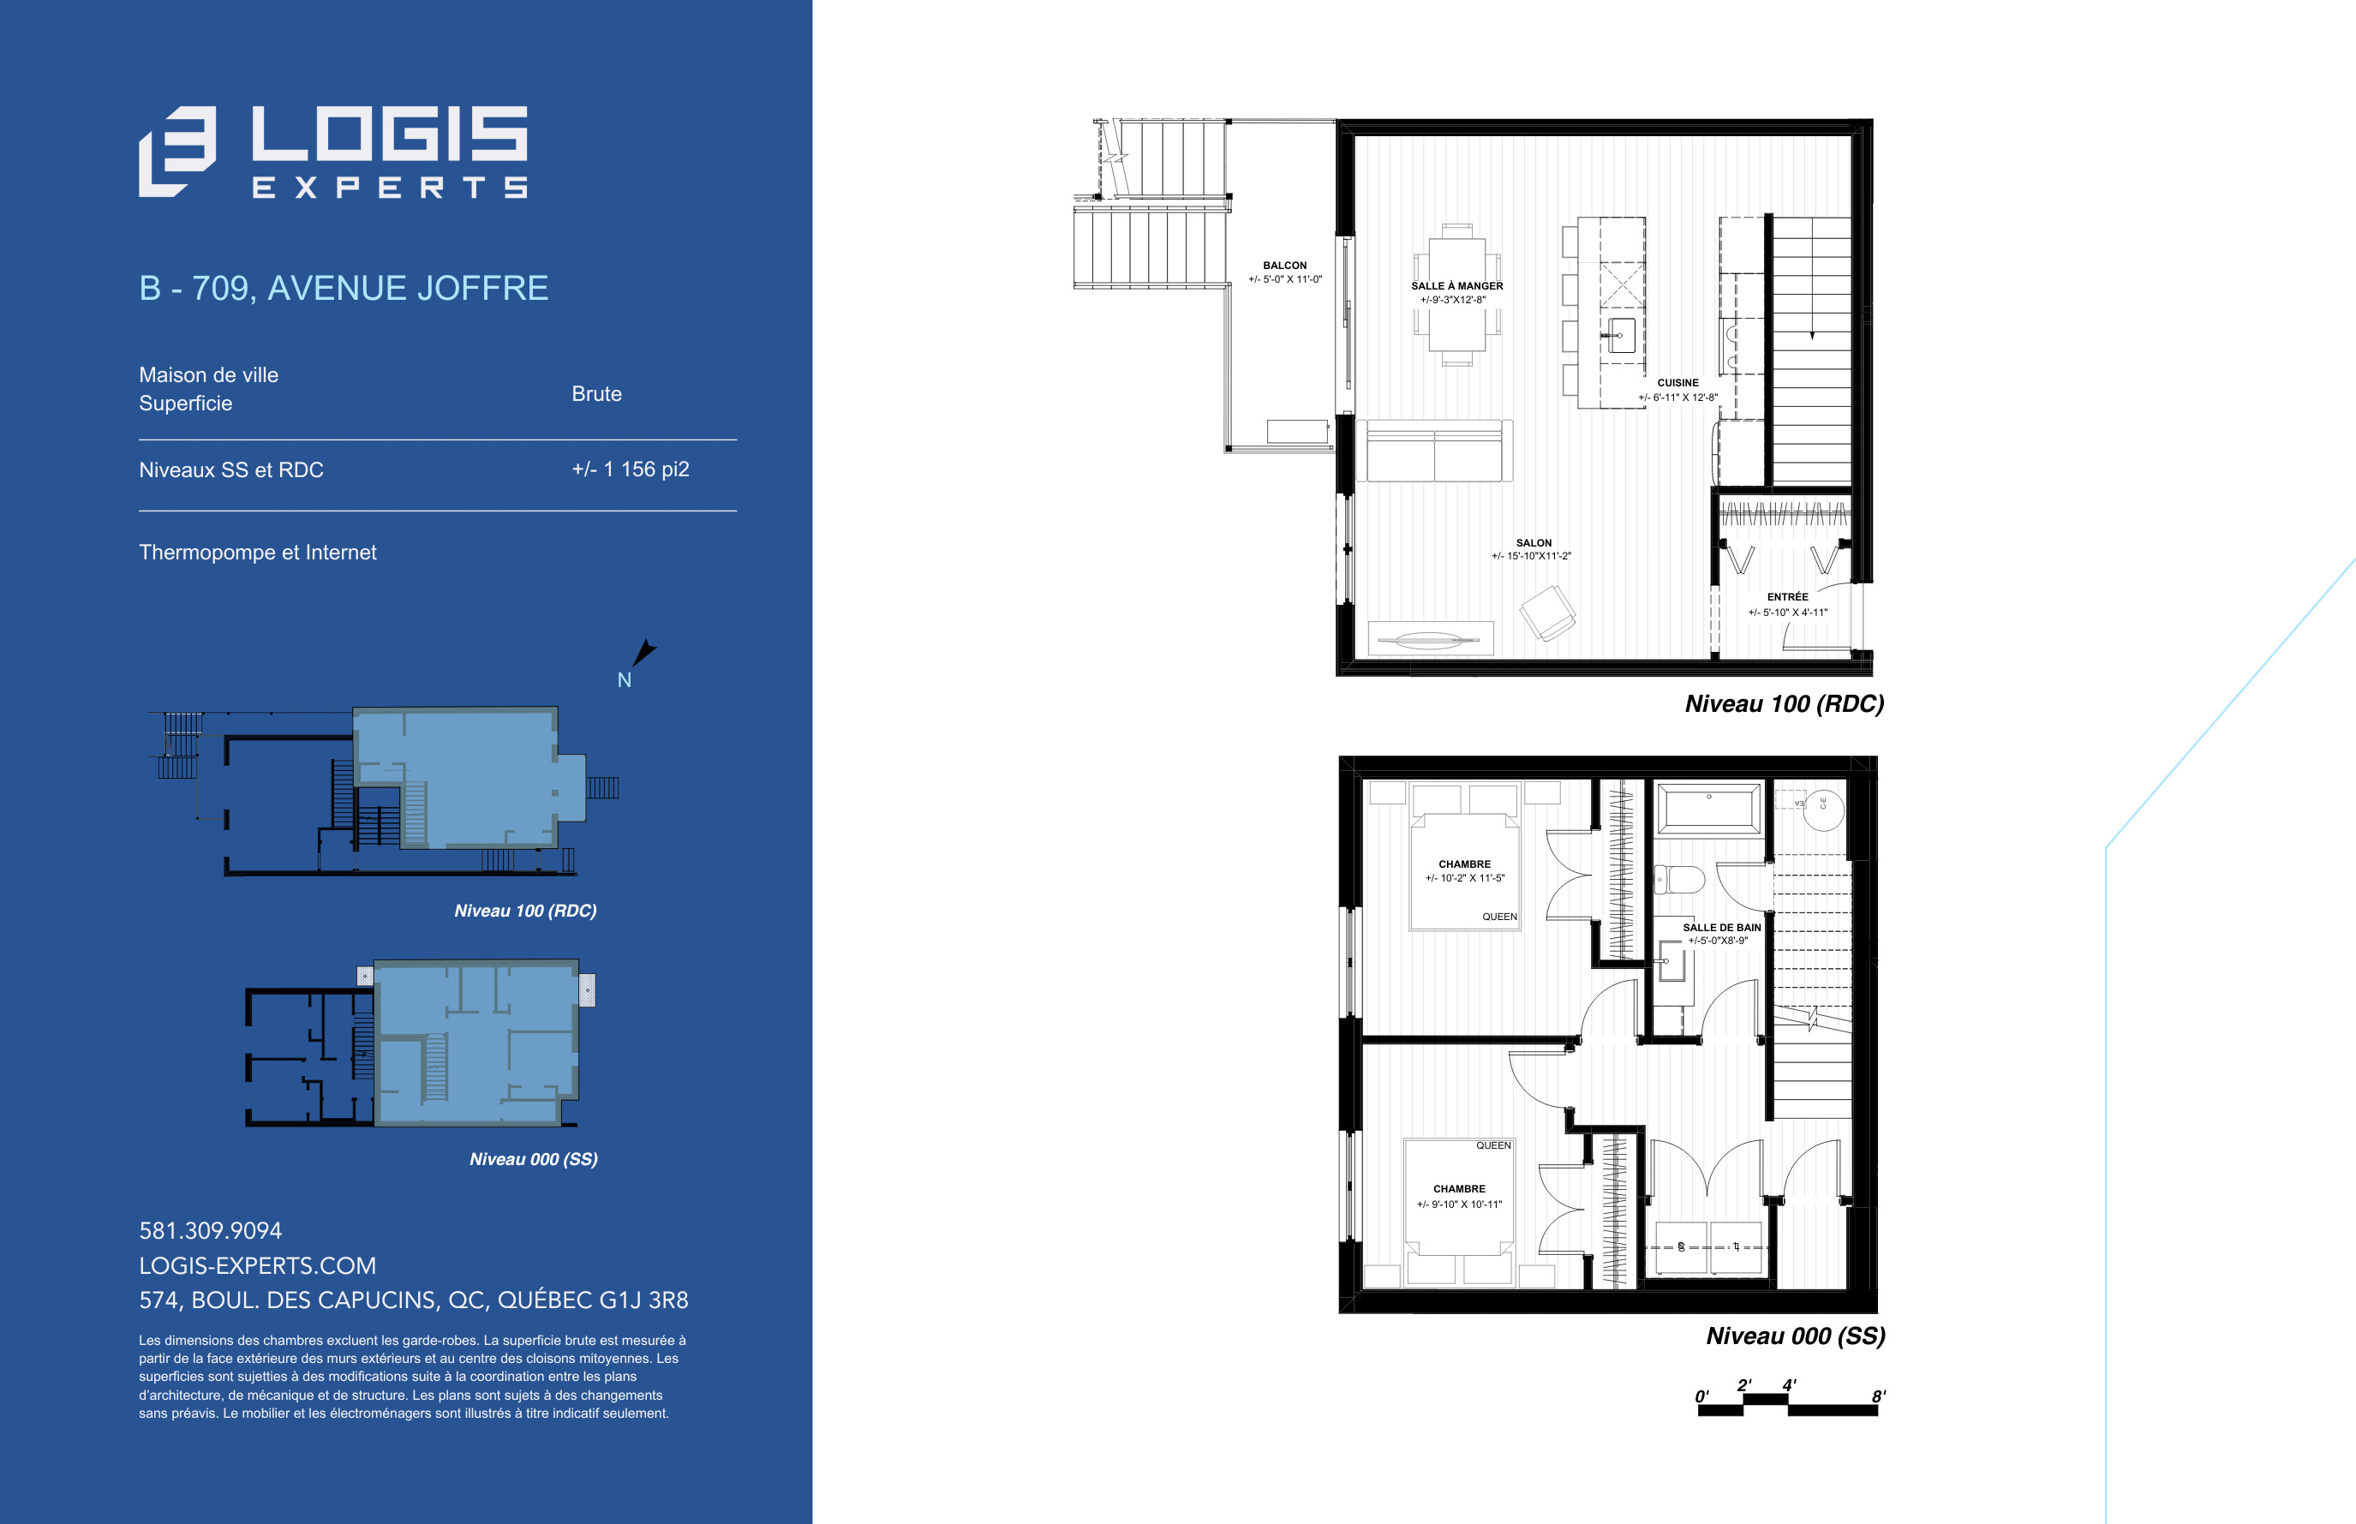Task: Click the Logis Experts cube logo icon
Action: coord(177,152)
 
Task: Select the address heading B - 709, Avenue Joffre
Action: coord(344,288)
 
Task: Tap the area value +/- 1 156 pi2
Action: coord(631,469)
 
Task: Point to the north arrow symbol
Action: coord(643,652)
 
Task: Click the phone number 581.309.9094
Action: coord(211,1230)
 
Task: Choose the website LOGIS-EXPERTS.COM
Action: coord(257,1264)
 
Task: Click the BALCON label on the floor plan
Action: coord(1284,266)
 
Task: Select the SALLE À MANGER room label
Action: coord(1456,286)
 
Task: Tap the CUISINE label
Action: coord(1677,383)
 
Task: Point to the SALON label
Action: coord(1534,542)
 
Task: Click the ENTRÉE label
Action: coord(1787,597)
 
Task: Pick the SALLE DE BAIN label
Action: coord(1722,927)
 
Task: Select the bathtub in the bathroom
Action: coord(1709,810)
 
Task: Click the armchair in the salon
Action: coord(1547,613)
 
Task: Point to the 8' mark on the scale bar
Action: coord(1878,1396)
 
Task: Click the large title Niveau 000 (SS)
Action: coord(1795,1336)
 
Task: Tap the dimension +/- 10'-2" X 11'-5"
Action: coord(1464,878)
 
